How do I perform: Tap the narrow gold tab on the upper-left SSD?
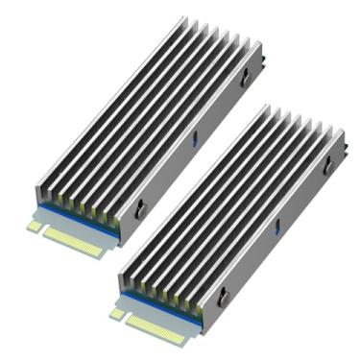click(x=36, y=227)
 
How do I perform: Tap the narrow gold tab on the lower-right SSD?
click(x=117, y=314)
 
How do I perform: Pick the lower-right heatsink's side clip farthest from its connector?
click(x=327, y=165)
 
